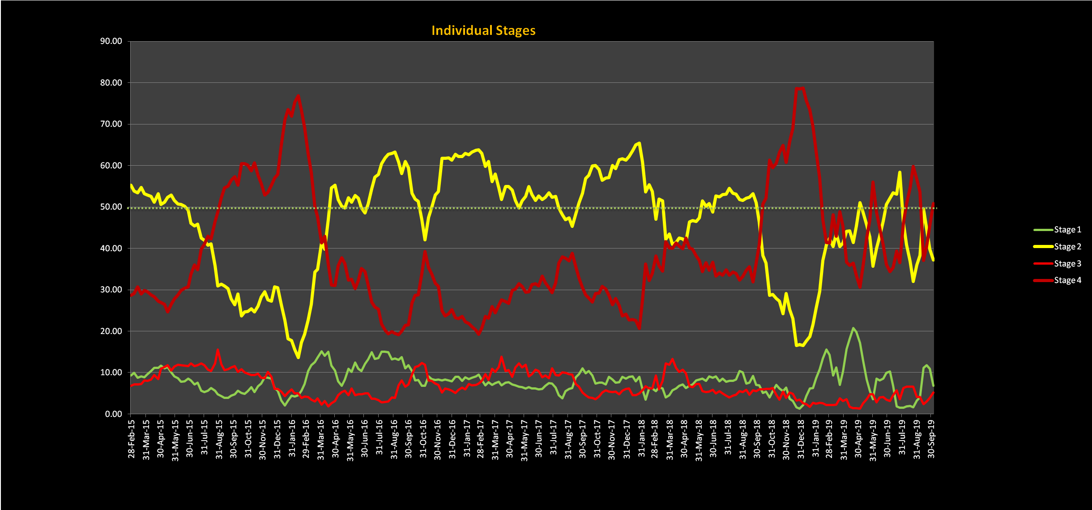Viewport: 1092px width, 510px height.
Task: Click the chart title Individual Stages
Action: tap(483, 30)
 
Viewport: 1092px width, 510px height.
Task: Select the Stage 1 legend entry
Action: tap(1067, 230)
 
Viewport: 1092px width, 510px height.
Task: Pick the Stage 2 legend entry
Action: tap(1067, 247)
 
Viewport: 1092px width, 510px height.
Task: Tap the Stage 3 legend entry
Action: tap(1067, 264)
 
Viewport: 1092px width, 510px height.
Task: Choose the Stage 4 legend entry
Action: tap(1067, 280)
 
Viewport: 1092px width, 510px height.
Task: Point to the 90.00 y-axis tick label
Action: tap(111, 41)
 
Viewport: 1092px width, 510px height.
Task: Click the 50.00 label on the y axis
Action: tap(111, 207)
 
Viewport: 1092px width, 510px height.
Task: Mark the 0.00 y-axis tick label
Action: tap(113, 414)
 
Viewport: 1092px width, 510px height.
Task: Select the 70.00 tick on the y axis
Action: tap(111, 124)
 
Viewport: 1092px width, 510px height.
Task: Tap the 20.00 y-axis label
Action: tap(111, 331)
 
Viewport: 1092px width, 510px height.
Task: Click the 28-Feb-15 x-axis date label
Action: tap(131, 439)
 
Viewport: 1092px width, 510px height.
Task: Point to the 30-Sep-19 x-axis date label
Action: tap(931, 439)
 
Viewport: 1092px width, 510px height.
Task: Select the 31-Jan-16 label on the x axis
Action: tap(292, 439)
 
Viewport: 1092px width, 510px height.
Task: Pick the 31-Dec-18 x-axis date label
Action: tap(801, 439)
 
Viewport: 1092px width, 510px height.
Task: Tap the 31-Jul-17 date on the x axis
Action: tap(554, 439)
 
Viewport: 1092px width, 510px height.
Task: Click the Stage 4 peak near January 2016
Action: tap(298, 96)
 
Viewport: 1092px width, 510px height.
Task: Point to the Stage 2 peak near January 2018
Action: tap(639, 143)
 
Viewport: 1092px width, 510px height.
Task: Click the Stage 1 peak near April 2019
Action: tap(853, 328)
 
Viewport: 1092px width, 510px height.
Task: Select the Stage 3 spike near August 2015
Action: tap(218, 351)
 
